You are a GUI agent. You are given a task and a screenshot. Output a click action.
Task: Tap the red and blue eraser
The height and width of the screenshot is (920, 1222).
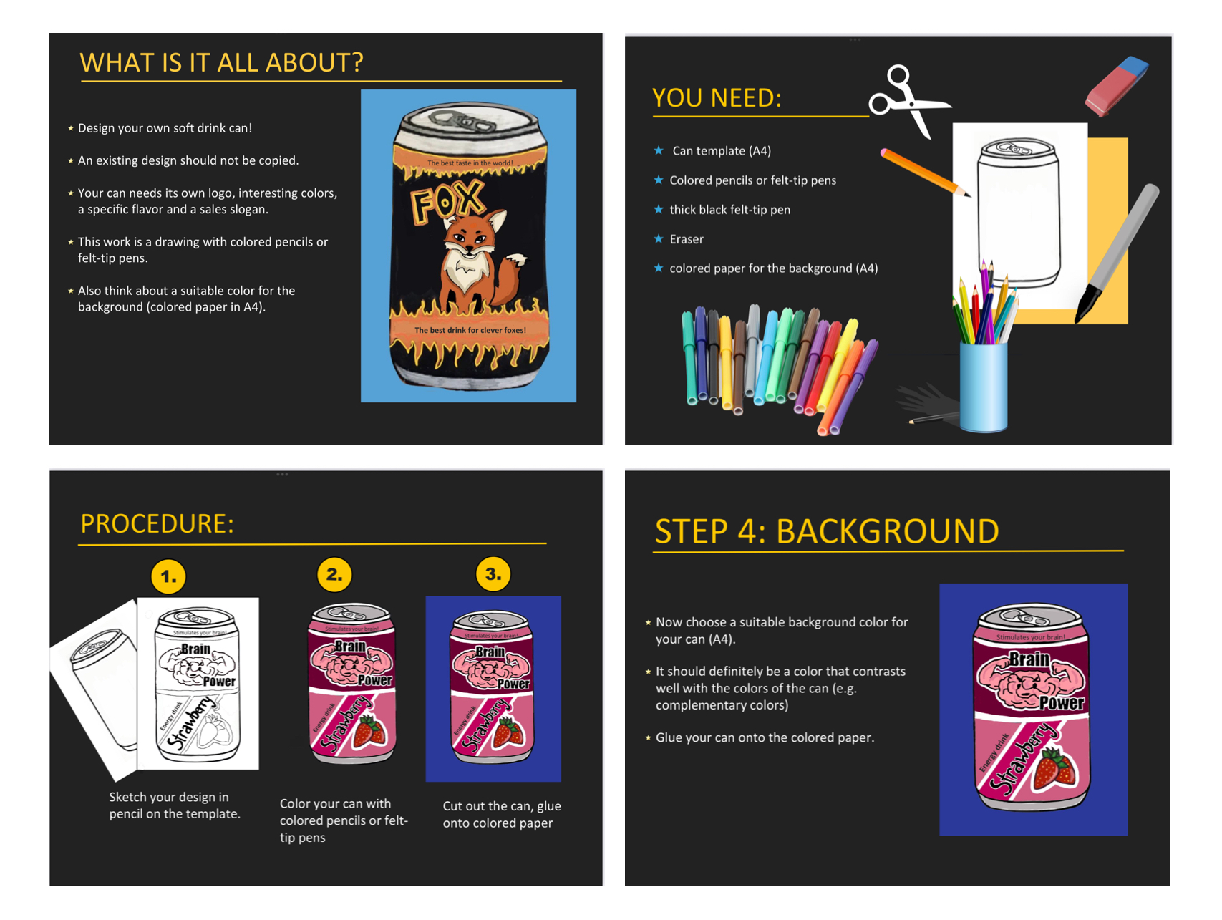coord(1117,85)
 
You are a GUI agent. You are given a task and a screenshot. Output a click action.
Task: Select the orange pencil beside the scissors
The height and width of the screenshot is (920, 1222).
coord(925,172)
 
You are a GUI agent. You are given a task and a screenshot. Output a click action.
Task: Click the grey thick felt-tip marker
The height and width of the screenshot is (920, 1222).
coord(1117,253)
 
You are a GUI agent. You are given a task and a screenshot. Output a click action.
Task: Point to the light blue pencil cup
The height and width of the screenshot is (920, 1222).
coord(984,387)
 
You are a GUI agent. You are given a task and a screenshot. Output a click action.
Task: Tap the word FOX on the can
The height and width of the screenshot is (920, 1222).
coord(447,200)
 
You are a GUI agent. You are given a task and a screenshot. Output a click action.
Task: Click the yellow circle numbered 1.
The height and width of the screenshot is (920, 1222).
coord(169,576)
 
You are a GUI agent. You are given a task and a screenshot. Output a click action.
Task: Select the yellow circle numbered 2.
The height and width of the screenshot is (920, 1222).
coord(334,574)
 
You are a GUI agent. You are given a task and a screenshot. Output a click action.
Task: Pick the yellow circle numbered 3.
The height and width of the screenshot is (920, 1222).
coord(493,573)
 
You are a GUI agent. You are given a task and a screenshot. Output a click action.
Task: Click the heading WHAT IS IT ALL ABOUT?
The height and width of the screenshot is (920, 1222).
coord(221,63)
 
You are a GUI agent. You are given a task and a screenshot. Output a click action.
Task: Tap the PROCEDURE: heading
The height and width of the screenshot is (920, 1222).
coord(157,523)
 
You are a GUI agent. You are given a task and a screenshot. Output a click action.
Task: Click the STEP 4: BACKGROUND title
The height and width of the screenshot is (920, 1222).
coord(827,531)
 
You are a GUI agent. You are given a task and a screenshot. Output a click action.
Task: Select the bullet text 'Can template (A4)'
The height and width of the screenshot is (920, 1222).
coord(722,151)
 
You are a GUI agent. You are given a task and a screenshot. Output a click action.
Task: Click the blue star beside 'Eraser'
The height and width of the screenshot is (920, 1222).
coord(659,238)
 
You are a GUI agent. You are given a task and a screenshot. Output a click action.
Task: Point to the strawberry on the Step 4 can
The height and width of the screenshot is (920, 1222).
coord(1056,768)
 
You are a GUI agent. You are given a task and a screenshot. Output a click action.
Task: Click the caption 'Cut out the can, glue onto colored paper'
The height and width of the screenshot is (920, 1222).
coord(502,815)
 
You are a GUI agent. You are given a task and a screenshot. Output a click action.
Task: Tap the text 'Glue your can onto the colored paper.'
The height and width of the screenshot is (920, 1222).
coord(765,737)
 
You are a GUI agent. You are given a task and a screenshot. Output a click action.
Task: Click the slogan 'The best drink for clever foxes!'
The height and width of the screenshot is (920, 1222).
coord(470,330)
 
